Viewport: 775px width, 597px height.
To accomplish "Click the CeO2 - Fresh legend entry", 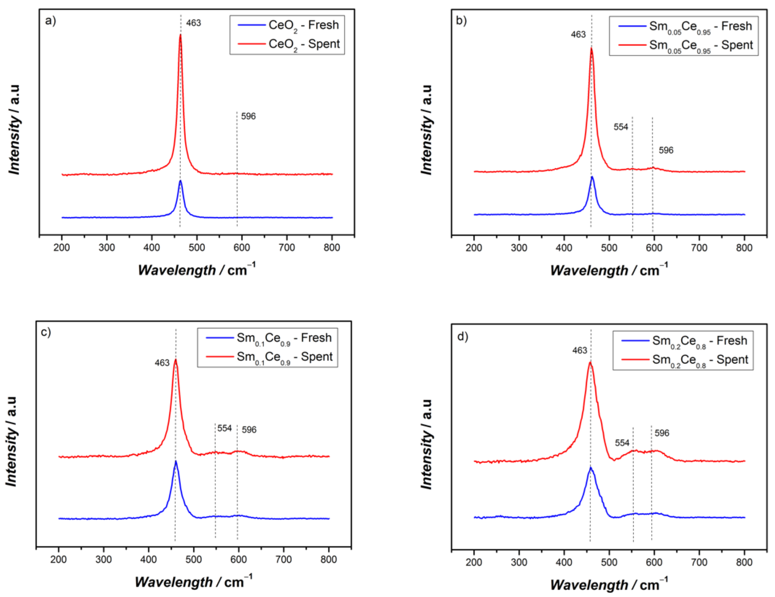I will tap(288, 25).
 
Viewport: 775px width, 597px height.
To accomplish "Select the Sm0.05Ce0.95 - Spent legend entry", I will tap(685, 46).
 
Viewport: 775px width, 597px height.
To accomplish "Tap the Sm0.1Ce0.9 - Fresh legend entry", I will tap(268, 338).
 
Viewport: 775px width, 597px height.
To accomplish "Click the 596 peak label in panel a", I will tap(248, 116).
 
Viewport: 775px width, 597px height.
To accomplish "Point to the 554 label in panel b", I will tap(621, 127).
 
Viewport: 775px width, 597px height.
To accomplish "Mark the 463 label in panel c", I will tap(162, 362).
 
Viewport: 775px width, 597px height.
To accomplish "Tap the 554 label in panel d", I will tap(622, 443).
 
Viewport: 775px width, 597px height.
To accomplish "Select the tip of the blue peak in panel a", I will tap(180, 180).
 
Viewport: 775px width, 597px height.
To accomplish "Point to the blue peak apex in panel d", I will tap(590, 467).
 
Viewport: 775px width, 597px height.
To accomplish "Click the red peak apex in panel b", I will tap(592, 48).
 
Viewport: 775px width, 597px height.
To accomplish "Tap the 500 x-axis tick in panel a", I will tap(197, 248).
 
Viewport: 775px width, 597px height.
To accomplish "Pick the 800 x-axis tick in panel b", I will tap(744, 248).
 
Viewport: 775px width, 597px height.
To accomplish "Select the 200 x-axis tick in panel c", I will tap(59, 559).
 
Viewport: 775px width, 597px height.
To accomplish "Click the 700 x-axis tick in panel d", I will tap(699, 562).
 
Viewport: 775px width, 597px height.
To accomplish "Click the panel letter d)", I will tap(463, 336).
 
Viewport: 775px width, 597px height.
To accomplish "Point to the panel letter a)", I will tap(51, 20).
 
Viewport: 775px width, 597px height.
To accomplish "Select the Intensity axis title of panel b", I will tap(427, 130).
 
